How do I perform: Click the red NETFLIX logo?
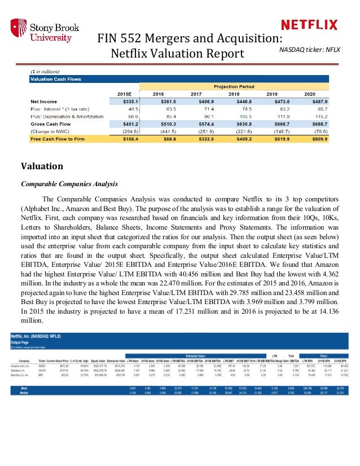tap(309, 25)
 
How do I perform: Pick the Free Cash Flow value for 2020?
tap(324, 138)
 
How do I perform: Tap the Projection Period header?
tap(233, 86)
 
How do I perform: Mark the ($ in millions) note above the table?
tap(45, 72)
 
